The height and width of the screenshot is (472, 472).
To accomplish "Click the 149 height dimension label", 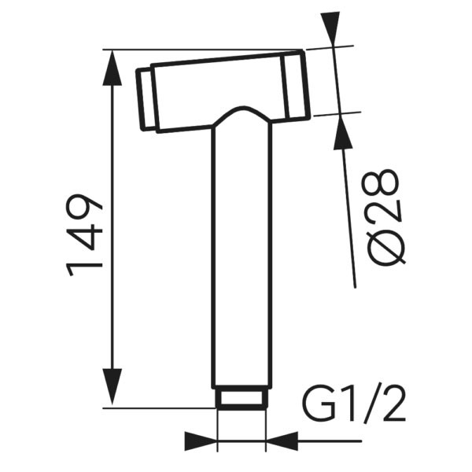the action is pyautogui.click(x=85, y=234).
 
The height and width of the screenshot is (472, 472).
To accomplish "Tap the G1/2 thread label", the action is pyautogui.click(x=354, y=403).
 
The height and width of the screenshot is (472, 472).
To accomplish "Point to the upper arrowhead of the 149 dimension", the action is pyautogui.click(x=112, y=68).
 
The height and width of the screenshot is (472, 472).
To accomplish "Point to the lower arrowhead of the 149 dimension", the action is pyautogui.click(x=112, y=387).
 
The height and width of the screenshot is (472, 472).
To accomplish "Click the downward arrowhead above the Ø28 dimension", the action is pyautogui.click(x=330, y=29).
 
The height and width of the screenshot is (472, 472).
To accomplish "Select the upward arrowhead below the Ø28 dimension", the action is pyautogui.click(x=342, y=132).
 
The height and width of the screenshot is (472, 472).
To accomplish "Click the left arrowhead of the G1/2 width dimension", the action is pyautogui.click(x=201, y=441).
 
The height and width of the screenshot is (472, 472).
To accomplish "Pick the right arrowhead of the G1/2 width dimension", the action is pyautogui.click(x=282, y=441).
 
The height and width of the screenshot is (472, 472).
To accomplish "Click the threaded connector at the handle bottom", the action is pyautogui.click(x=242, y=398).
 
